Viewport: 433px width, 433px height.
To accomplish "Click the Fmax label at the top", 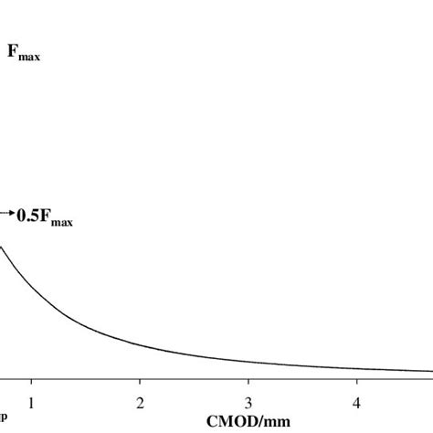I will click(24, 56).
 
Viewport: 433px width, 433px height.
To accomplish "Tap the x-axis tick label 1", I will click(31, 402).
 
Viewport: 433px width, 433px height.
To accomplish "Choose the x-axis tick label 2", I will click(140, 402).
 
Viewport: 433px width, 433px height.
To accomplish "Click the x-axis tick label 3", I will click(248, 402).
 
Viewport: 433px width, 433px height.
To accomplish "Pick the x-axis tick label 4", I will click(357, 402).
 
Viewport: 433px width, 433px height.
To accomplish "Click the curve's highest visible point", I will click(2, 247).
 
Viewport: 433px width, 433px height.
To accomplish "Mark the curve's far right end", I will click(431, 371).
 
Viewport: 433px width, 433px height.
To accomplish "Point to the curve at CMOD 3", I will click(248, 362).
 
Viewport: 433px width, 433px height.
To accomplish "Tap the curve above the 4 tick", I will click(357, 368).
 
